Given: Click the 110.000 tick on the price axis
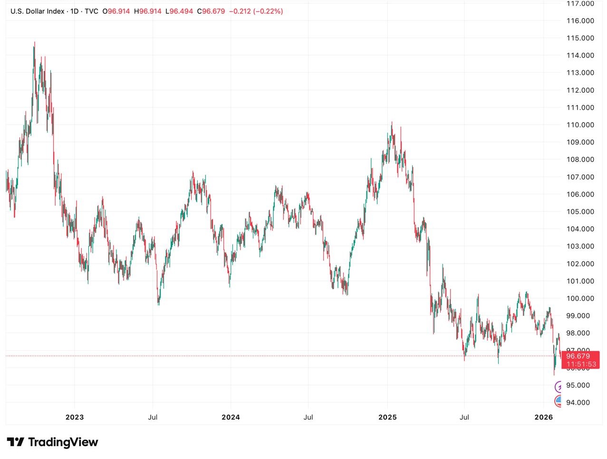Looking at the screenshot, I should coord(580,125).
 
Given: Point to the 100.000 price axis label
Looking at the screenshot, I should coord(580,298).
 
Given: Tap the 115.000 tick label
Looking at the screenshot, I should coord(580,38).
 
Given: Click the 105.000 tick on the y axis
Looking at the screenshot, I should coord(580,211).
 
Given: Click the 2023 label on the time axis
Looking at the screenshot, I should coord(75,417).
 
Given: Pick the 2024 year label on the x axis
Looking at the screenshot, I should coord(231,417).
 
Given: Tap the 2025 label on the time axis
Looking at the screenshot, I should coord(387,417).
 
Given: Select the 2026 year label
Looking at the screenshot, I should coord(544,417).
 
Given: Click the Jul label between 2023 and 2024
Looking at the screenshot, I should coord(153,417).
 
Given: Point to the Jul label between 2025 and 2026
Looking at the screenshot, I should coord(464,417).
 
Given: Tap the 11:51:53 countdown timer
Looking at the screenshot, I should coord(581,364).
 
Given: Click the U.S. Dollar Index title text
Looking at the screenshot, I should coord(37,11).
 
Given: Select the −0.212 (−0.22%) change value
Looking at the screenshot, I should coord(256,11).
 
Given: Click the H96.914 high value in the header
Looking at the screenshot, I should coord(147,11).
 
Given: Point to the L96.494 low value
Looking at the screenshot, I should coord(179,11).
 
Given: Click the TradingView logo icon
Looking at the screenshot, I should coord(15,442).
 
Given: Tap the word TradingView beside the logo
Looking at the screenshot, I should coord(63,442).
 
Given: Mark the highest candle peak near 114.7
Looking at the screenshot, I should coord(34,43).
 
